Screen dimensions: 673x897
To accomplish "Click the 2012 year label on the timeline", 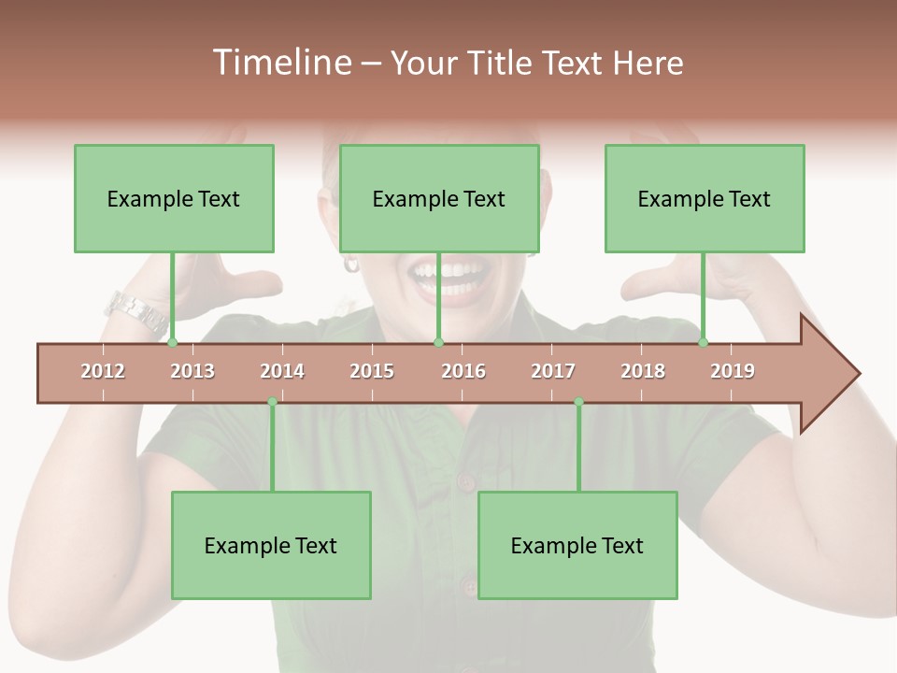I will coord(103,371).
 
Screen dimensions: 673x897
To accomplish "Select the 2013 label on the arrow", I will coord(192,371).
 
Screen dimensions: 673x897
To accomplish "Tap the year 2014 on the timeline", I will coord(282,371).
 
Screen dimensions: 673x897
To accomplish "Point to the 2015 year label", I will coord(372,371).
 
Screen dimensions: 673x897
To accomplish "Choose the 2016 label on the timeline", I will coord(463,371).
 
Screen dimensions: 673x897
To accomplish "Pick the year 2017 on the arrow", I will coord(553,371).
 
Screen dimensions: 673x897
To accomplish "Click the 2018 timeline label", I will coord(643,371).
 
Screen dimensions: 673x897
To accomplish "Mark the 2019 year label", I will coord(733,371).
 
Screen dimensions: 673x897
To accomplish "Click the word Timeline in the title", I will coord(280,63).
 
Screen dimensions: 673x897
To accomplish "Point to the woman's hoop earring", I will coord(351,264).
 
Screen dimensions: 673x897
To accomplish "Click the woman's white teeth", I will coord(450,274).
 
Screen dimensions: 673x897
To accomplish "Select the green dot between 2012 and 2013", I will coord(172,343).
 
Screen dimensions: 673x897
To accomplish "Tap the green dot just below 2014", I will coord(272,402).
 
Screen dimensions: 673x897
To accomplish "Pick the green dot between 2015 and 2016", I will coord(438,343).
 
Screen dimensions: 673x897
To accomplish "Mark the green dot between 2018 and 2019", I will coord(703,343).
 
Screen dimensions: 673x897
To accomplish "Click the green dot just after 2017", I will coord(578,402).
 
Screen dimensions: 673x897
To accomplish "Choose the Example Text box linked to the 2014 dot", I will coord(271,545).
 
